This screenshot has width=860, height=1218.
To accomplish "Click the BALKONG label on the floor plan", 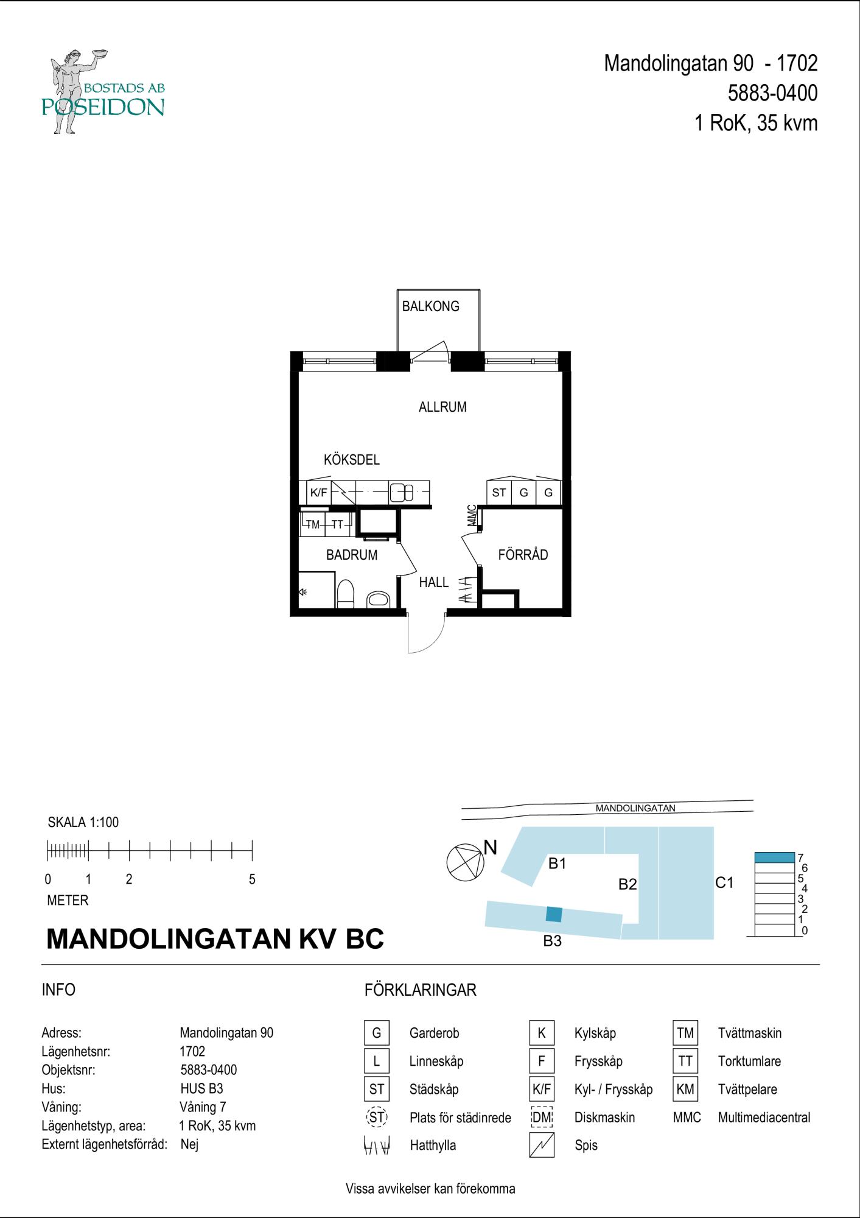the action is (x=430, y=306).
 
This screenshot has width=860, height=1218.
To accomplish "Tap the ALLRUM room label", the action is (x=442, y=407).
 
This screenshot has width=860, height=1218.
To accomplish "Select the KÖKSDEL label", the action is (x=352, y=460).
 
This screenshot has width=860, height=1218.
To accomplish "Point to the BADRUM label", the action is (x=352, y=555).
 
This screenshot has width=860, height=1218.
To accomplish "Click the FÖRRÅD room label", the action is (x=523, y=555).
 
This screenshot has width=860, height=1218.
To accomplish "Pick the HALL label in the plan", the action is (x=434, y=582).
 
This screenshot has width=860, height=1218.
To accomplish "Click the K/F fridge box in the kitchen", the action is (x=319, y=493).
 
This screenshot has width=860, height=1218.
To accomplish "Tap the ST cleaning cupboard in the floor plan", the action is (x=499, y=493).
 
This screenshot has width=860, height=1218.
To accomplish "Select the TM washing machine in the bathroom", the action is (x=312, y=524).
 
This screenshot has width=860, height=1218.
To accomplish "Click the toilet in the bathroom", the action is (x=346, y=594).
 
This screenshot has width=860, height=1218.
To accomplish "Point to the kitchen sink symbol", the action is (x=402, y=492).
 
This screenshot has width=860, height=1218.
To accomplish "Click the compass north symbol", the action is (x=465, y=862).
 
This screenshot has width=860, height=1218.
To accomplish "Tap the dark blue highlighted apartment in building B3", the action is (x=554, y=914).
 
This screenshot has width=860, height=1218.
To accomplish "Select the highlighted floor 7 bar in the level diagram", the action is (x=774, y=857).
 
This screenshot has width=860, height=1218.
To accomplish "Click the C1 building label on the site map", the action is (x=724, y=882).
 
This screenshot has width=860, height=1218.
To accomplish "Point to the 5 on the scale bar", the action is (x=252, y=879).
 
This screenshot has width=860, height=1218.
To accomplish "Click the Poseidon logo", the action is (x=102, y=91).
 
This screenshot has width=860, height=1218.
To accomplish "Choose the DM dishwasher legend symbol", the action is (x=542, y=1118).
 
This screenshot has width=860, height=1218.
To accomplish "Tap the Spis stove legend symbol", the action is (x=542, y=1146).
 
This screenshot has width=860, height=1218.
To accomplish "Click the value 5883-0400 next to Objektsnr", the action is (x=209, y=1070).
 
